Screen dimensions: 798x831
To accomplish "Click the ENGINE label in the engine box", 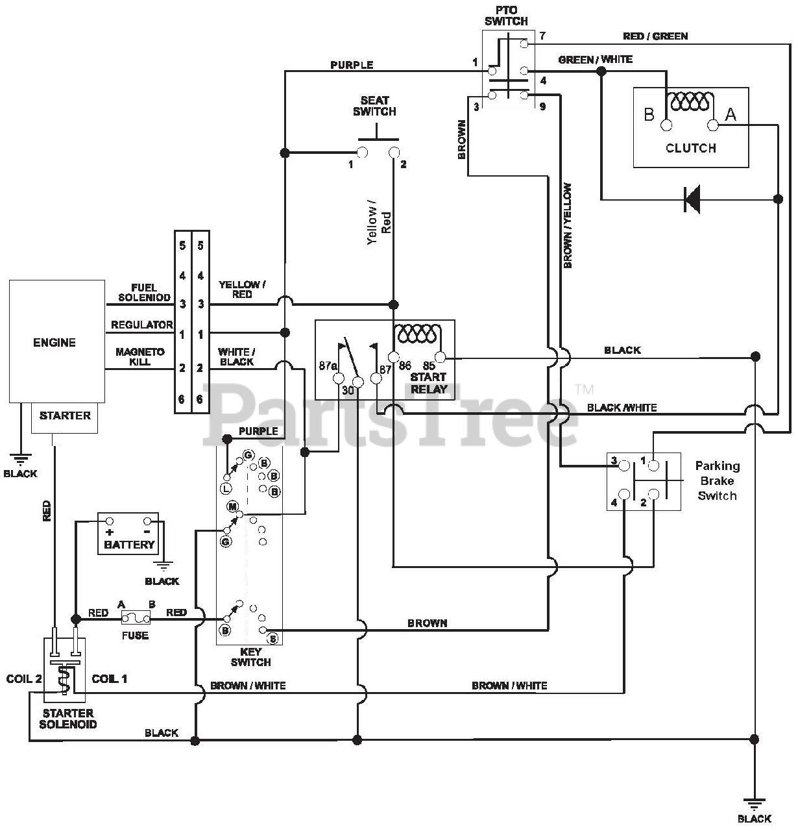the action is [x=54, y=343].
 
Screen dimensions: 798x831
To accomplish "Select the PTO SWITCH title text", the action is [x=506, y=16].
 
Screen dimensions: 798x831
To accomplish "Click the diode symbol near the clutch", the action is [x=692, y=199].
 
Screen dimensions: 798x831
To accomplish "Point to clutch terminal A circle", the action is [x=712, y=125].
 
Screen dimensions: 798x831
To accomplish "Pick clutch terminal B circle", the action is [x=666, y=125].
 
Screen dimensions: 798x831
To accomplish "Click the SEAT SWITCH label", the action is [x=374, y=106].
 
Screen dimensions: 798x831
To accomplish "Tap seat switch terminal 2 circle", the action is [x=394, y=153].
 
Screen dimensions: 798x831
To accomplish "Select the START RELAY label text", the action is [x=428, y=383].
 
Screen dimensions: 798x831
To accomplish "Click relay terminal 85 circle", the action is [x=440, y=357].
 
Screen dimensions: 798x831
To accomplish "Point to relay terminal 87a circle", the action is [x=339, y=378].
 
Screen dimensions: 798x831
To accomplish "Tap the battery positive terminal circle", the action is [x=110, y=521].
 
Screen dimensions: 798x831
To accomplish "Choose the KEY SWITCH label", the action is [x=250, y=657].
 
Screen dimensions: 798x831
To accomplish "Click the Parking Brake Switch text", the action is [x=718, y=480].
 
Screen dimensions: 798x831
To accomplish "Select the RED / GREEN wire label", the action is [x=655, y=36].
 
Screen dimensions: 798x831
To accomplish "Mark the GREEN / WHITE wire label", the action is [x=596, y=59].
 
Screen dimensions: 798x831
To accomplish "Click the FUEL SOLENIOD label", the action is [x=144, y=293].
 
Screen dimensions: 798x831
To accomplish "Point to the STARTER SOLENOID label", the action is [x=68, y=719].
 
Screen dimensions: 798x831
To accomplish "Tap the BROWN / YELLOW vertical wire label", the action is [x=567, y=225].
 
